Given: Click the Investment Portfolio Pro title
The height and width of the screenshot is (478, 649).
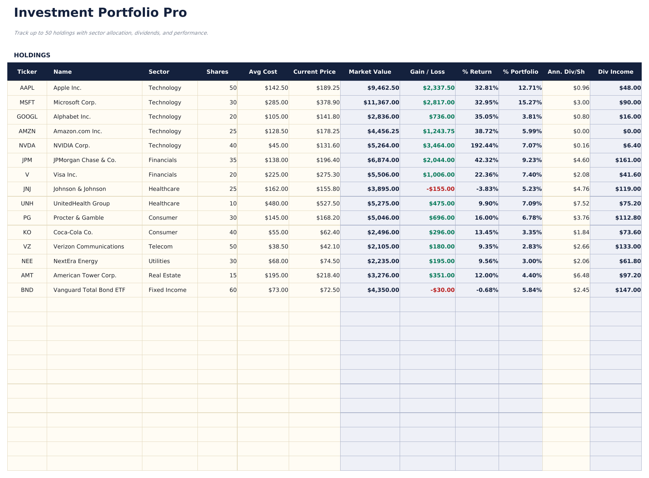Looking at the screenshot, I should [100, 13].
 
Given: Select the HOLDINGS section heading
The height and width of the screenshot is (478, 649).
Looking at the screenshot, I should [32, 55].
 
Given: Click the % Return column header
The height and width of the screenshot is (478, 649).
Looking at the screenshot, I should [477, 72].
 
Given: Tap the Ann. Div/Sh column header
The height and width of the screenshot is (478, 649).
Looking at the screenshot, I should [566, 72].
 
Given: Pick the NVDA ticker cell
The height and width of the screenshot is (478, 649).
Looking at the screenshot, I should [27, 146].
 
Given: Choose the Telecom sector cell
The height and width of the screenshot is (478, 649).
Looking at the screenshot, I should [161, 247].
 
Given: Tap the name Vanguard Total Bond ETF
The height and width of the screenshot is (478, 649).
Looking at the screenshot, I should [89, 290].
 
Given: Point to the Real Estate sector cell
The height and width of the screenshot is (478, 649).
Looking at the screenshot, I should [165, 275].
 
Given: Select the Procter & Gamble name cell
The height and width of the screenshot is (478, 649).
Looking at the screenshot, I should [78, 218].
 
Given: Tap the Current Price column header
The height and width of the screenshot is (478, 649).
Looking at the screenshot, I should [314, 72].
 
